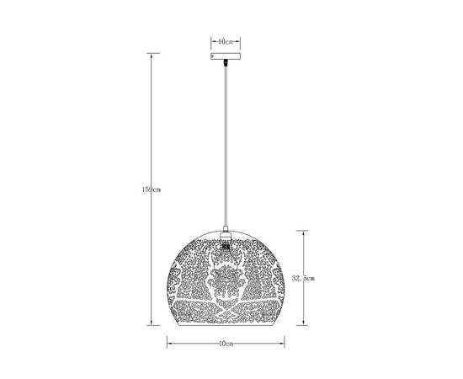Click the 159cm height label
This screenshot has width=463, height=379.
tap(152, 190)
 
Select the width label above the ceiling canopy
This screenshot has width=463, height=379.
tap(225, 41)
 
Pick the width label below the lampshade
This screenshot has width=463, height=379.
tap(225, 344)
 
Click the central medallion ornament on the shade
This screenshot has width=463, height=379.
tap(225, 282)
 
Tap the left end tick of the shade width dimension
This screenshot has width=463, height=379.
tap(167, 344)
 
